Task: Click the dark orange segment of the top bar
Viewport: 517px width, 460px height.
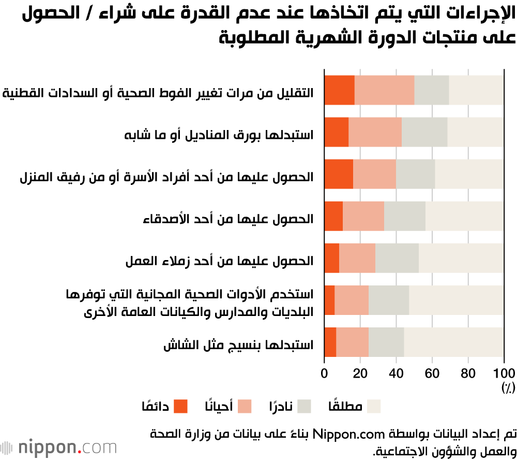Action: pos(339,90)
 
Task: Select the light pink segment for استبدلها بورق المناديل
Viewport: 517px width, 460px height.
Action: pos(375,132)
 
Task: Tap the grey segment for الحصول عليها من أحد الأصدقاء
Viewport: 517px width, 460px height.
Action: pos(404,216)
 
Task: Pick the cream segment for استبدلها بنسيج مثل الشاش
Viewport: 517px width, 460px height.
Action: pos(453,342)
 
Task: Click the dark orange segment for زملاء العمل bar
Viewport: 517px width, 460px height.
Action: pos(331,258)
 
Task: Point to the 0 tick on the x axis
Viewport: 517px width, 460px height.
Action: pos(325,374)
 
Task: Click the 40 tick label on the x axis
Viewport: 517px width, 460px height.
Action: pos(396,374)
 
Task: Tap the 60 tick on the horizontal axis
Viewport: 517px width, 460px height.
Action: pos(432,374)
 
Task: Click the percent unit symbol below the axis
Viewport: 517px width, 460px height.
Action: pos(505,387)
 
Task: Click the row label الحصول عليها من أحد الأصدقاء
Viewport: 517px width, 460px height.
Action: pos(228,219)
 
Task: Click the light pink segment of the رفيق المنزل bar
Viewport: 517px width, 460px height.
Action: pos(374,174)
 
